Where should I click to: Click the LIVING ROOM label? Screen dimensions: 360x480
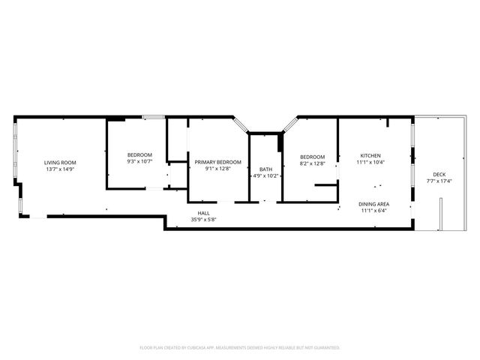[60, 163]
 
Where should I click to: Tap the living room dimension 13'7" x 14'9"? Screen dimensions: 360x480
[60, 169]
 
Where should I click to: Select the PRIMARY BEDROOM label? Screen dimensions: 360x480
[218, 162]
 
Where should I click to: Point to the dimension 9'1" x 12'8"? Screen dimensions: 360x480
[218, 169]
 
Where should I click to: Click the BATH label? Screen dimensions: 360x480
[265, 169]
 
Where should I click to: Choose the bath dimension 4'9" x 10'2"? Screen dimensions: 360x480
[265, 176]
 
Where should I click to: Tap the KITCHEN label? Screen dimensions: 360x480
[370, 155]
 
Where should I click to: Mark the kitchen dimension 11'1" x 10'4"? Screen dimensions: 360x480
[370, 162]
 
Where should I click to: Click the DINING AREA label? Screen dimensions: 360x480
[373, 204]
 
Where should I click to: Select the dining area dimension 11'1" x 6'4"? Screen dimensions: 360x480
[373, 211]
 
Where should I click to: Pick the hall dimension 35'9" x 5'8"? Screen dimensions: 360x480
[203, 220]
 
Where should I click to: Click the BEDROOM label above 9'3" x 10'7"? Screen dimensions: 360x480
[139, 154]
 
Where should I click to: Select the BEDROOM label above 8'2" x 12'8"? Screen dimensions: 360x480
[312, 157]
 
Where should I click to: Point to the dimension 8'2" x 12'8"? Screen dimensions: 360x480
[312, 163]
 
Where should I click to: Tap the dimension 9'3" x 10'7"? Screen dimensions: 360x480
[139, 161]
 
